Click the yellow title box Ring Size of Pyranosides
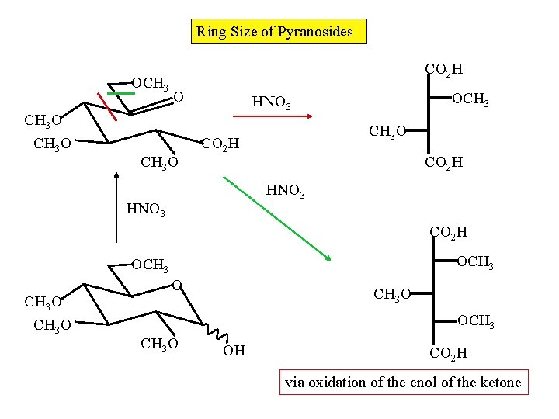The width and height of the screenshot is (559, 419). tap(279, 32)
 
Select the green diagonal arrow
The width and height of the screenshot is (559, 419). tap(278, 218)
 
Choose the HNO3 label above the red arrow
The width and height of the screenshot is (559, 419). tap(272, 102)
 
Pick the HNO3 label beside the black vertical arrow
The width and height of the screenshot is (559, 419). tap(145, 209)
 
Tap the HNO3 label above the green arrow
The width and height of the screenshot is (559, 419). tap(286, 189)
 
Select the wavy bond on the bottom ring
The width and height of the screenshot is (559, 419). tap(213, 334)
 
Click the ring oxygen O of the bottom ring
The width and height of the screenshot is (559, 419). tap(177, 286)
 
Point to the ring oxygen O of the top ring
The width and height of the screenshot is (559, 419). tap(179, 97)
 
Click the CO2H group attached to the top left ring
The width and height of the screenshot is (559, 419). tap(220, 144)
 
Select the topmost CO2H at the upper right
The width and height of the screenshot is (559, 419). tap(444, 70)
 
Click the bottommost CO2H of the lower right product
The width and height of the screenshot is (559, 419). tap(448, 354)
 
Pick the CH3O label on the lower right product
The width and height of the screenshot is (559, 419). tap(393, 294)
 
